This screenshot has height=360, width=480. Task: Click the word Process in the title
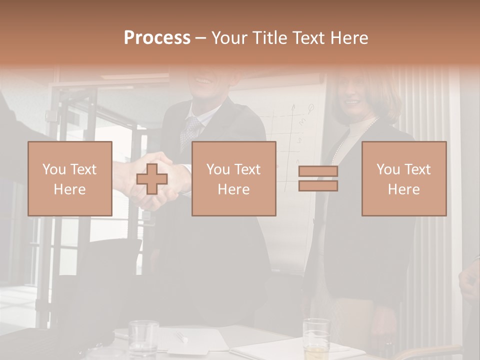(x=157, y=37)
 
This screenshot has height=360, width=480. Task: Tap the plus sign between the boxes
(x=152, y=179)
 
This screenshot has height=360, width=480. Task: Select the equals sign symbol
(x=318, y=178)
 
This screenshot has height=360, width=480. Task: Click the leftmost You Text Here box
(x=69, y=178)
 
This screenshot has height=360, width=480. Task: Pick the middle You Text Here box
(x=233, y=178)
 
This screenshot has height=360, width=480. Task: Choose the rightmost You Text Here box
(x=403, y=178)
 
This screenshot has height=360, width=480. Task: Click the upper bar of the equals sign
(x=318, y=171)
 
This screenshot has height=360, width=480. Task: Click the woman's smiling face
(x=354, y=97)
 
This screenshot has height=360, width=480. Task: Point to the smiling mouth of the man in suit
(x=204, y=80)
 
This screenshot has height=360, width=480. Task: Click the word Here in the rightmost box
(x=403, y=189)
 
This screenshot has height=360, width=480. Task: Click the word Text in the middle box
(x=247, y=169)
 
